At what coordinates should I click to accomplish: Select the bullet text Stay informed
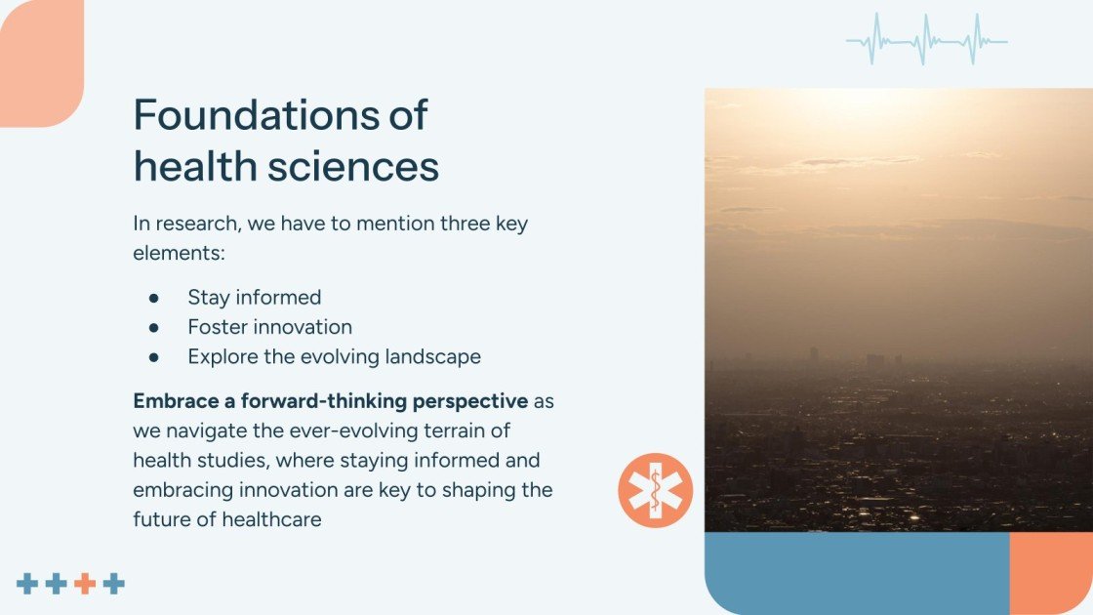click(255, 297)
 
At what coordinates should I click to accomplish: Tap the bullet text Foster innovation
click(269, 326)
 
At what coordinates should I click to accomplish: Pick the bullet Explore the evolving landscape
click(334, 356)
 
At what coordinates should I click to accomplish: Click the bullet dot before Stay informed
click(153, 299)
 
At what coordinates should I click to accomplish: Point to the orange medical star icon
click(655, 490)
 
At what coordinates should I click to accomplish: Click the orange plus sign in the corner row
click(85, 584)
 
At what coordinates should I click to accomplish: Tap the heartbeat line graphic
click(927, 40)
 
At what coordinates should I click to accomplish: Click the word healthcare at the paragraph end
click(272, 519)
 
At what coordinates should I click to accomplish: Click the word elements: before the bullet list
click(180, 253)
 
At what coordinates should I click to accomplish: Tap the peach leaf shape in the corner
click(42, 63)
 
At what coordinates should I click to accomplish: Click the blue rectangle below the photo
click(858, 573)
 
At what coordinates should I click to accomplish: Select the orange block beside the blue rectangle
click(1051, 573)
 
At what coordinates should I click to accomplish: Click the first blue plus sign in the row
click(27, 584)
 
